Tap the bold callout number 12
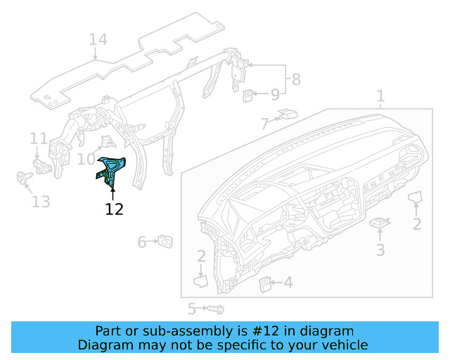pos(114,209)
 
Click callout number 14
pos(98,40)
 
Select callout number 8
pos(296,79)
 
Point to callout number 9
pos(275,94)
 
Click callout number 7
pos(264,124)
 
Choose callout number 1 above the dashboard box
pos(380,96)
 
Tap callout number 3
pos(380,250)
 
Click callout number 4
pos(288,283)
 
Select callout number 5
pos(191,308)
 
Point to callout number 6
pos(142,243)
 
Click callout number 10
pos(85,160)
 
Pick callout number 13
pos(41,202)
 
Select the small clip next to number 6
pos(167,241)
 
